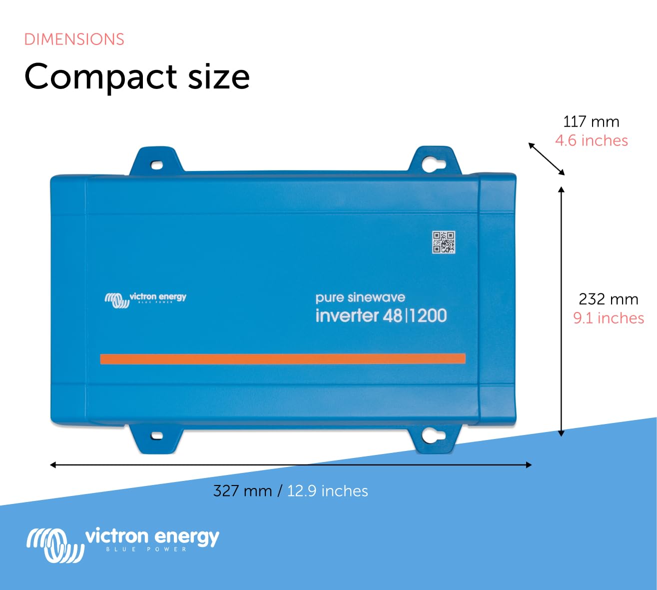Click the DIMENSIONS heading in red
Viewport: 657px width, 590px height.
coord(74,39)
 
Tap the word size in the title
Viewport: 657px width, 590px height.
coord(218,77)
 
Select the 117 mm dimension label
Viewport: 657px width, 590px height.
coord(591,121)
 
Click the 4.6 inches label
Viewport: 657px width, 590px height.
coord(591,140)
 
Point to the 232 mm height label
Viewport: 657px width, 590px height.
coord(608,299)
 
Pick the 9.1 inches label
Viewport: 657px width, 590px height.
coord(608,318)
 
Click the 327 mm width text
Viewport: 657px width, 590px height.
coord(242,491)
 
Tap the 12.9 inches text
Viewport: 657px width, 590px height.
coord(327,491)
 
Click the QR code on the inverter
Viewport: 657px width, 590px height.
coord(444,242)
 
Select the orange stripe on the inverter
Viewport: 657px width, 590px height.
coord(283,358)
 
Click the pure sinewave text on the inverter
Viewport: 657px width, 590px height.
coord(360,297)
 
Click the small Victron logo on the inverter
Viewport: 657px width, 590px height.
coord(145,299)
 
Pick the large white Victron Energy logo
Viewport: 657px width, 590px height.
coord(123,543)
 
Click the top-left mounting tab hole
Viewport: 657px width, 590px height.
coord(156,164)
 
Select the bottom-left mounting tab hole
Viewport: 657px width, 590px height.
coord(156,435)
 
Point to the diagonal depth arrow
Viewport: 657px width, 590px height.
coord(547,159)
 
